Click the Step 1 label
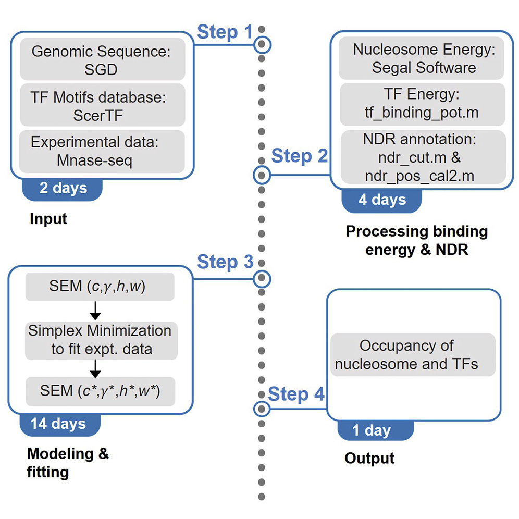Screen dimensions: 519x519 point(224,32)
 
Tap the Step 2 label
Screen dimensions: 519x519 point(299,155)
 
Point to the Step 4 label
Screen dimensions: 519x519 point(295,394)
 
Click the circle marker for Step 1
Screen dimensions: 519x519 point(263,45)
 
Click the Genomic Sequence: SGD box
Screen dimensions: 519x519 point(102,59)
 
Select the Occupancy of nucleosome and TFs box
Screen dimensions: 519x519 point(413,354)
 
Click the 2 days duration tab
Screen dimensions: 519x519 point(63,188)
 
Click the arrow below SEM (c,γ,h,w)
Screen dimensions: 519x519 point(95,311)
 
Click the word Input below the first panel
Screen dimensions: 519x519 point(48,218)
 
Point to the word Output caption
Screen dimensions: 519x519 point(369,458)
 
